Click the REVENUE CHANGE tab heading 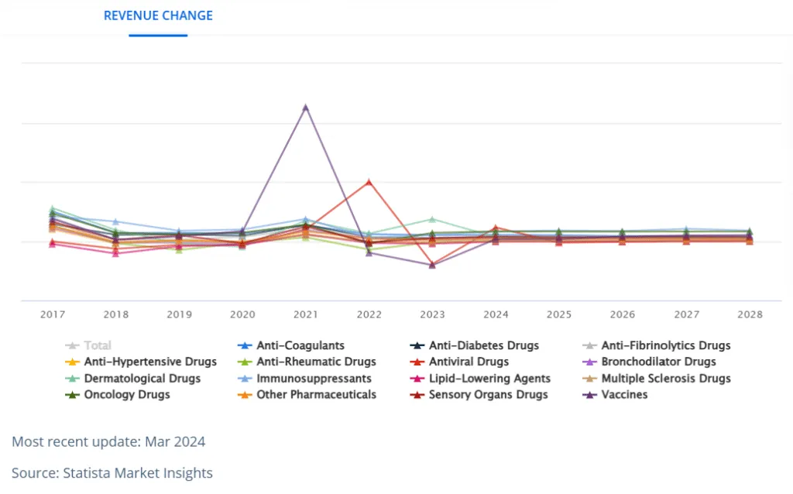(158, 15)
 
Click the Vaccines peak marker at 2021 (306, 107)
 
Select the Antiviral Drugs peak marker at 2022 (369, 182)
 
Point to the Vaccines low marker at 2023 (432, 265)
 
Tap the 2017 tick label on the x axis (53, 314)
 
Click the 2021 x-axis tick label (306, 314)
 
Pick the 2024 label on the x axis (496, 314)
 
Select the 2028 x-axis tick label (750, 314)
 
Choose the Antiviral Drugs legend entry (469, 362)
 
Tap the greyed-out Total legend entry (97, 345)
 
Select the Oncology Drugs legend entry (126, 394)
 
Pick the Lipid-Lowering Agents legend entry (489, 379)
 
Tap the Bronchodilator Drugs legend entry (658, 362)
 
